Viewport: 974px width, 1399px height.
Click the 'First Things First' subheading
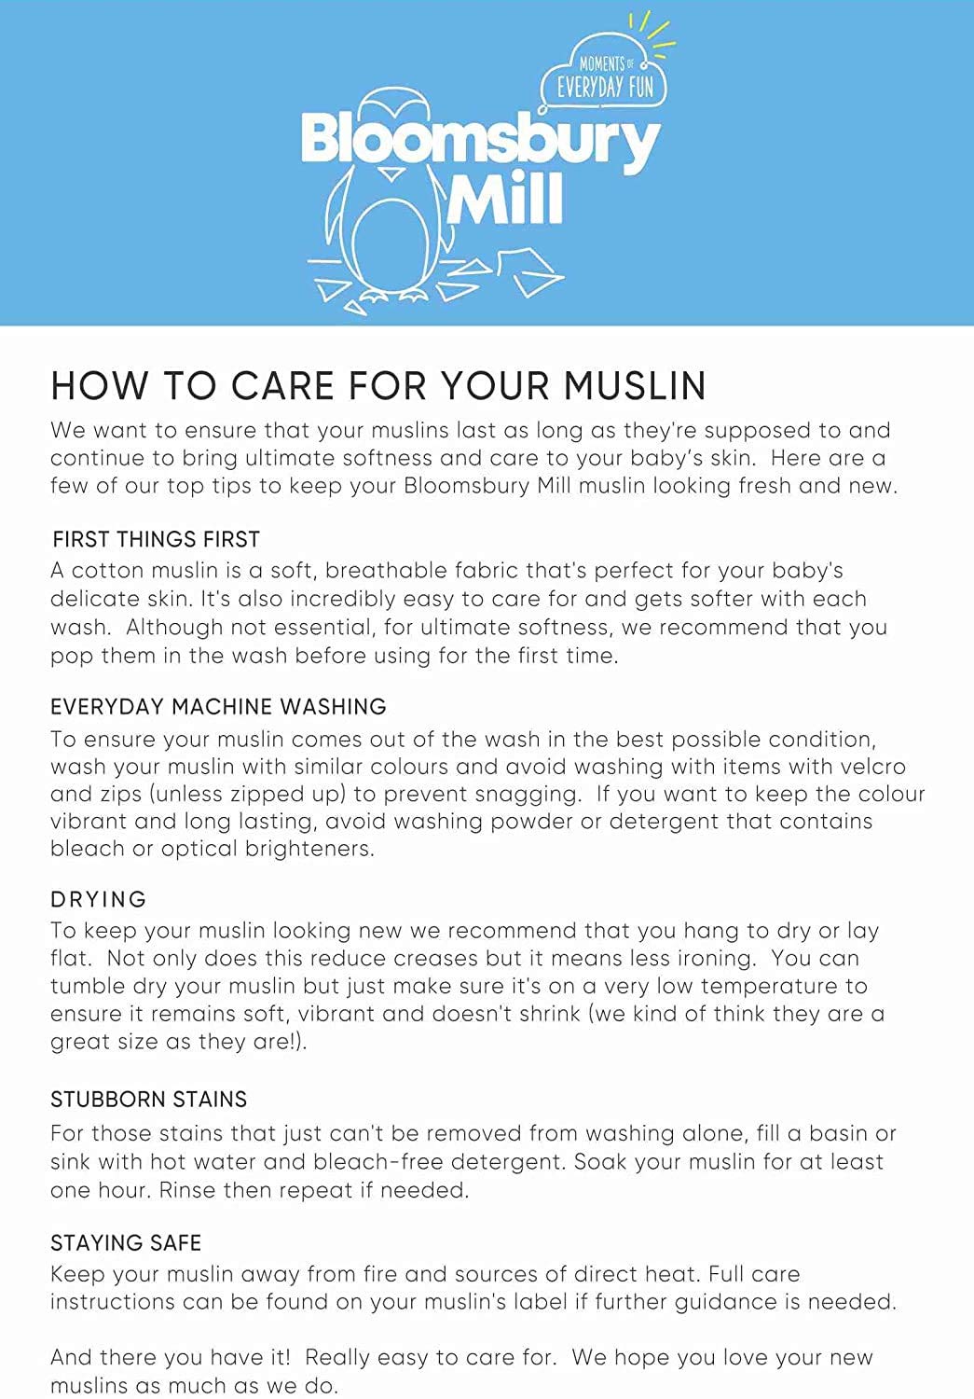tap(156, 539)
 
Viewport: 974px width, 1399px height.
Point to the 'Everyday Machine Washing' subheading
tap(218, 707)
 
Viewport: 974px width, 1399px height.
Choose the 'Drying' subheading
tap(99, 899)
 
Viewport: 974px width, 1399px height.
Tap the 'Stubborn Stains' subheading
tap(148, 1099)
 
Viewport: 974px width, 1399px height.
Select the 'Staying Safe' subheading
tap(126, 1242)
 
